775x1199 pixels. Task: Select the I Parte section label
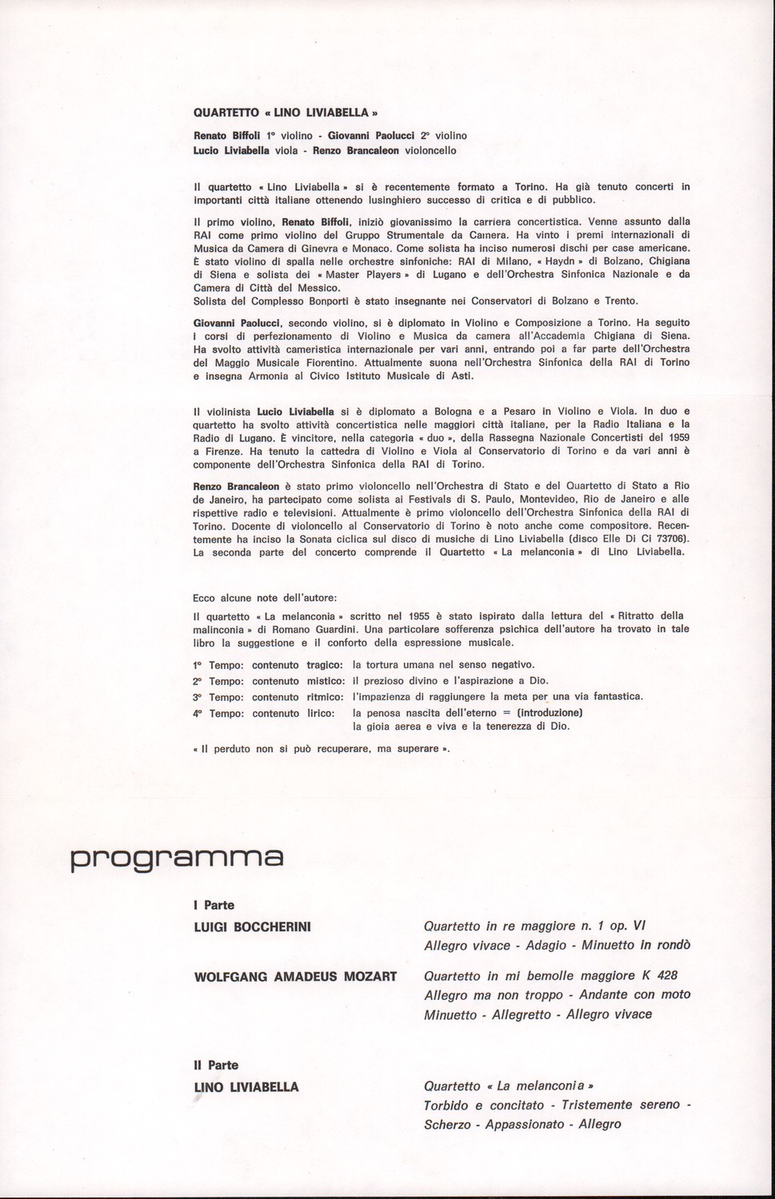(x=214, y=906)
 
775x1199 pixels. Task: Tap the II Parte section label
(x=216, y=1066)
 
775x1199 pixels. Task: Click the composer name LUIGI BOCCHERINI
(x=253, y=927)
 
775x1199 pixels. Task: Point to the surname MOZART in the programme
(x=370, y=977)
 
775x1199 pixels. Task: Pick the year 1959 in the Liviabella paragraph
(x=676, y=437)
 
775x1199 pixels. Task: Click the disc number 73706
(x=669, y=539)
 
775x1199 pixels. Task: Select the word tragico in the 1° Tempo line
(x=325, y=665)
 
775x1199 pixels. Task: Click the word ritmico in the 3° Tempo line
(x=325, y=697)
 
